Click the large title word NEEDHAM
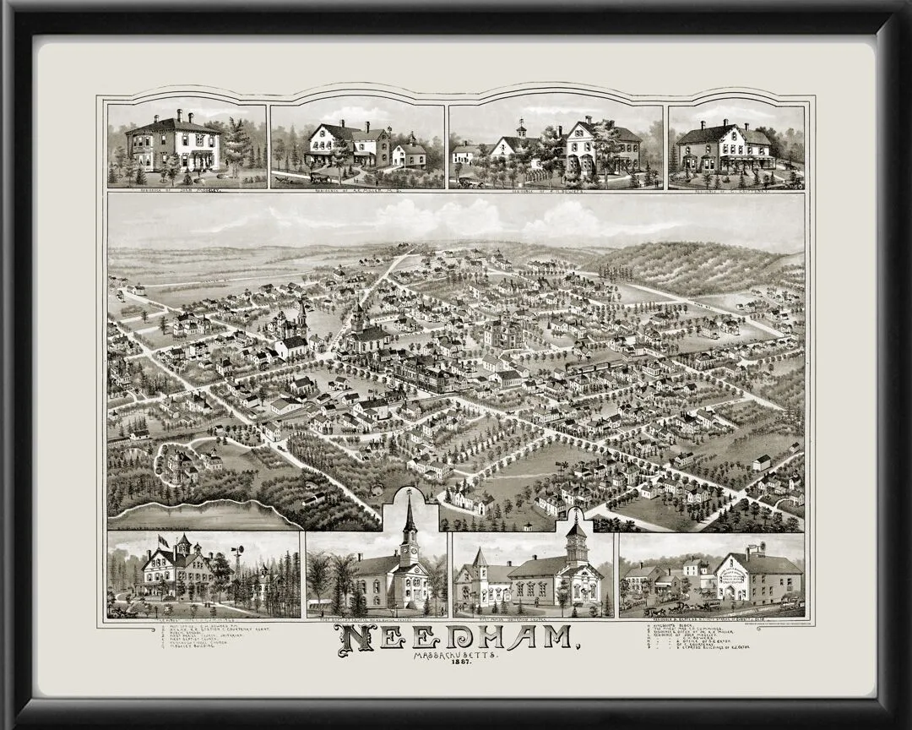tap(456, 640)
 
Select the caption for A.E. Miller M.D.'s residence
tap(357, 191)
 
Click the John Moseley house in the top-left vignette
tap(173, 144)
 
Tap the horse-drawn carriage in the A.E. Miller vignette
tap(321, 177)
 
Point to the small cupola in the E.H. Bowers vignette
tap(522, 129)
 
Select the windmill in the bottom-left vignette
tap(239, 553)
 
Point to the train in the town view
tap(591, 365)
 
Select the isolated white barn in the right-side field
tap(762, 462)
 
